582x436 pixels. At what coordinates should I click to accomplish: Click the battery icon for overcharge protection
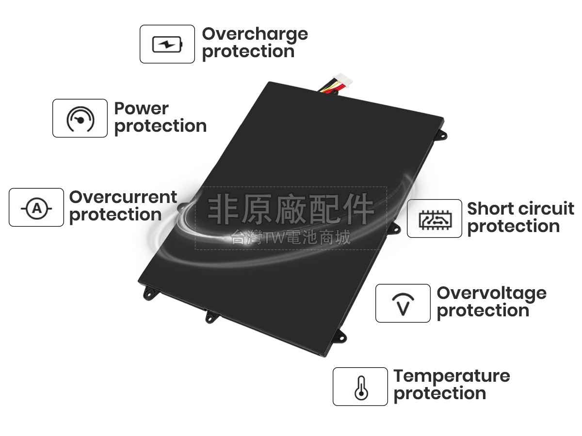pos(167,45)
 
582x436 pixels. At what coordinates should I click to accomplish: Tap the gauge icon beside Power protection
pos(80,119)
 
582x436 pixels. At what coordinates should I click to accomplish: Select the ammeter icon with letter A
pos(36,208)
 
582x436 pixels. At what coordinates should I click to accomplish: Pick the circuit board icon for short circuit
pos(434,219)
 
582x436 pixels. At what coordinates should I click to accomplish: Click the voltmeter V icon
pos(403,304)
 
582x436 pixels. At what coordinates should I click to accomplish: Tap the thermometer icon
pos(360,387)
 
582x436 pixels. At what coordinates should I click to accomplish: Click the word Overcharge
pos(255,34)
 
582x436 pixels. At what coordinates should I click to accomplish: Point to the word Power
pos(141,109)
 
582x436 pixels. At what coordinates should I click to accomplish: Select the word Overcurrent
pos(123,197)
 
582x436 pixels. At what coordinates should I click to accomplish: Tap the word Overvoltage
pos(491,293)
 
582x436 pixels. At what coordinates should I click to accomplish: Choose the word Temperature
pos(452,376)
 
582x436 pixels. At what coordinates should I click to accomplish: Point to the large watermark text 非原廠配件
pos(291,209)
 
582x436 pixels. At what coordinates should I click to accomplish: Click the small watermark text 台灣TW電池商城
pos(291,238)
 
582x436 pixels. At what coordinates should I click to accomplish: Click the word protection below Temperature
pos(439,393)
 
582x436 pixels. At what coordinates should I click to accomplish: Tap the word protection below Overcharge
pos(248,51)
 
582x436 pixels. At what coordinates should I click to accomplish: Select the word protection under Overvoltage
pos(483,311)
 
